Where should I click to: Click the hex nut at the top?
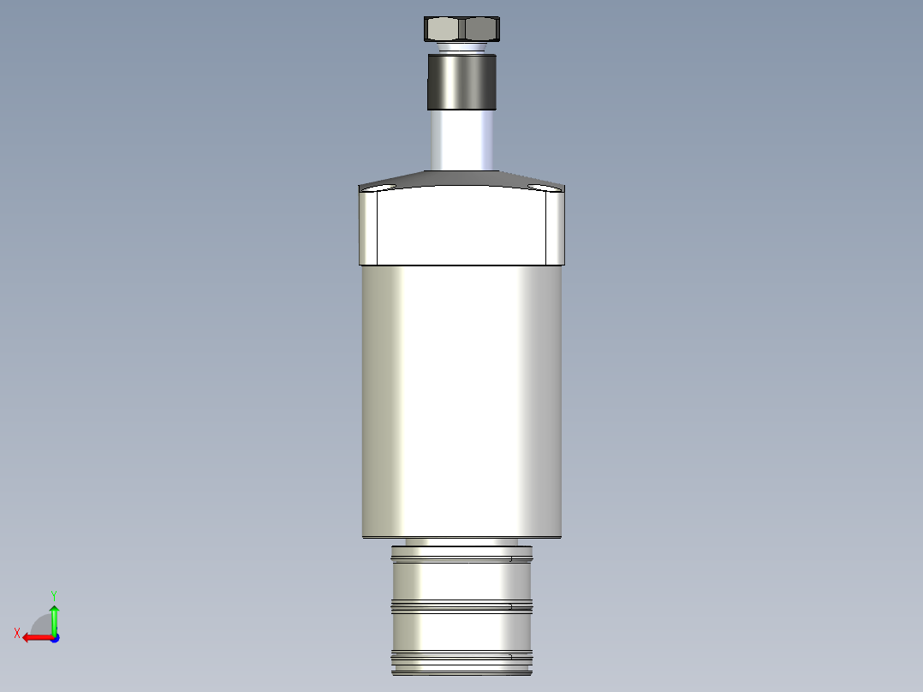(461, 28)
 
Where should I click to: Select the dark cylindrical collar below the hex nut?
(461, 82)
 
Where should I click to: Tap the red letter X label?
(16, 633)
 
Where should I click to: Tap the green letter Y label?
(53, 594)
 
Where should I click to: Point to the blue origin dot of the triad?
(54, 637)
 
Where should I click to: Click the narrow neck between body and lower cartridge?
(461, 542)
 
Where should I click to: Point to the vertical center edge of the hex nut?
(461, 29)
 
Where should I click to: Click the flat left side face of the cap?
(369, 228)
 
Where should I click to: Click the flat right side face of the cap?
(555, 228)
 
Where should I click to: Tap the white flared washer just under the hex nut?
(461, 47)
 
